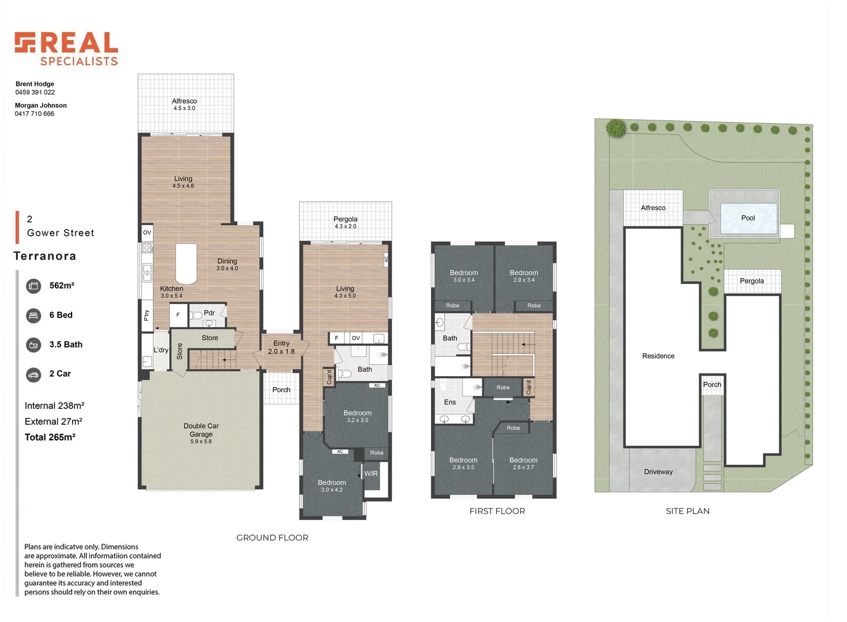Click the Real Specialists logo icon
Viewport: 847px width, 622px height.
click(x=25, y=42)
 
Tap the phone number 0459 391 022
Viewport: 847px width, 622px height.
click(x=35, y=92)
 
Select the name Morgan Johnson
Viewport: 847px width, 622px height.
click(x=41, y=105)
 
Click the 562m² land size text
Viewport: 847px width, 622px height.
click(x=62, y=286)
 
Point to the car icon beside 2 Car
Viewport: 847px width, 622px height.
click(x=33, y=376)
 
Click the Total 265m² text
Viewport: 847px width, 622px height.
click(x=50, y=437)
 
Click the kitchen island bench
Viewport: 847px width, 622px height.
click(x=186, y=264)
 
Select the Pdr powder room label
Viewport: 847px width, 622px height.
click(x=209, y=313)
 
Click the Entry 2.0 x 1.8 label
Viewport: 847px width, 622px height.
click(x=281, y=347)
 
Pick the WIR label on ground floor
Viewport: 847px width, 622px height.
click(x=371, y=473)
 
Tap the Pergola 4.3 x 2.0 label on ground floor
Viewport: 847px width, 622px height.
click(x=345, y=222)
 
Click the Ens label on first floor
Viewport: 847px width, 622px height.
click(x=450, y=402)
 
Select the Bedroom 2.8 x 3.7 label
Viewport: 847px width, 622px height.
click(x=523, y=463)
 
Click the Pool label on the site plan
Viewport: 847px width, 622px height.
click(x=748, y=218)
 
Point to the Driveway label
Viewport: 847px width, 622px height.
click(x=659, y=472)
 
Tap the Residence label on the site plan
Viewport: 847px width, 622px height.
click(x=659, y=356)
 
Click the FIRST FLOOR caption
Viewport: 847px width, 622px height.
click(x=497, y=511)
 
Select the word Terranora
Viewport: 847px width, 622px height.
click(x=45, y=256)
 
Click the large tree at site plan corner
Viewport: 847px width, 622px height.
click(x=615, y=128)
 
